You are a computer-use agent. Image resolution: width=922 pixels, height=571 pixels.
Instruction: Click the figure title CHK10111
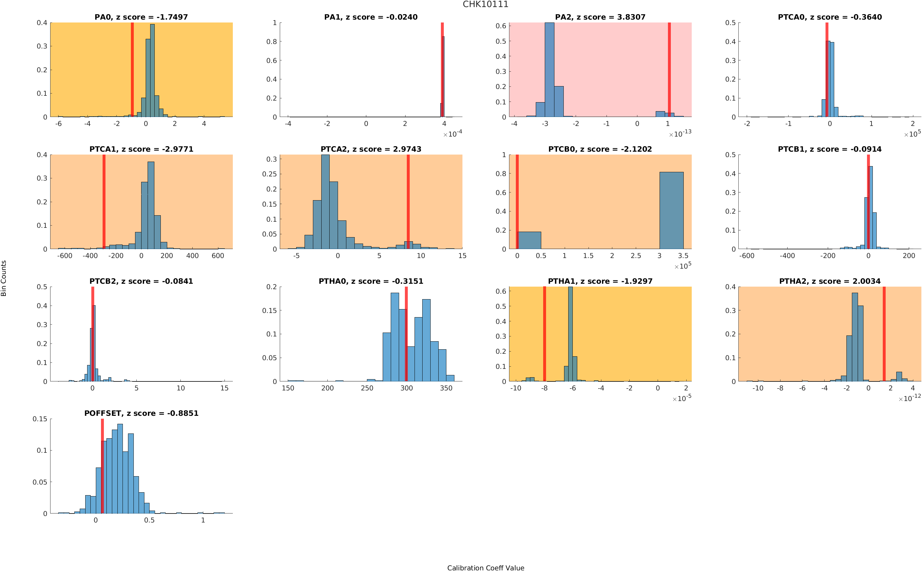pos(485,4)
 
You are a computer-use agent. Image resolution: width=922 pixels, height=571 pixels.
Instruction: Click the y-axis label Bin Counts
pos(4,278)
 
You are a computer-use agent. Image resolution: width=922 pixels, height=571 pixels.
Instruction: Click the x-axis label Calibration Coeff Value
pos(485,567)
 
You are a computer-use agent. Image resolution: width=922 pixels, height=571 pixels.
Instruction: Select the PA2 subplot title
pos(600,17)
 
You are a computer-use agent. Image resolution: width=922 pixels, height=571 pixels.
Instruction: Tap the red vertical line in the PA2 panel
pos(669,69)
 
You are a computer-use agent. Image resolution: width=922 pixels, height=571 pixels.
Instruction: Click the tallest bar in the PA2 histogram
pos(549,69)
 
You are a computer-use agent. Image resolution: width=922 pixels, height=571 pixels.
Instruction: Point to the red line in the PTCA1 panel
pos(104,202)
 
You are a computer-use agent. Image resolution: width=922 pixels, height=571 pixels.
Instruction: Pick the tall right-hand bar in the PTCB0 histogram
pos(671,210)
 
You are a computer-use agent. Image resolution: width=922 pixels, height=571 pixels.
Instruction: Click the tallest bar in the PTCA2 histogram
pos(325,202)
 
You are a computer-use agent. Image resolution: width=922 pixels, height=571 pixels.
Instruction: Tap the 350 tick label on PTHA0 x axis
pos(446,388)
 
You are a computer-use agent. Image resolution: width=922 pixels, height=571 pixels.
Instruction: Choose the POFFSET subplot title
pos(141,413)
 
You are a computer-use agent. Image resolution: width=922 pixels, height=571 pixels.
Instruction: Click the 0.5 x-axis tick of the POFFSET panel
pos(149,520)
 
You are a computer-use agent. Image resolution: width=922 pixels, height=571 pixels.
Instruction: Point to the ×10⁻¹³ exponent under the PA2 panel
pos(680,134)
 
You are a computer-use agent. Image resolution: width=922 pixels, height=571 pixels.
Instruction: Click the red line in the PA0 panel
pos(132,69)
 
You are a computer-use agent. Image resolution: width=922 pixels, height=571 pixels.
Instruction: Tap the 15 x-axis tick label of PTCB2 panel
pos(224,388)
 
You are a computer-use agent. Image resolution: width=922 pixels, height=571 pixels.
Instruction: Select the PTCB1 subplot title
pos(829,149)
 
